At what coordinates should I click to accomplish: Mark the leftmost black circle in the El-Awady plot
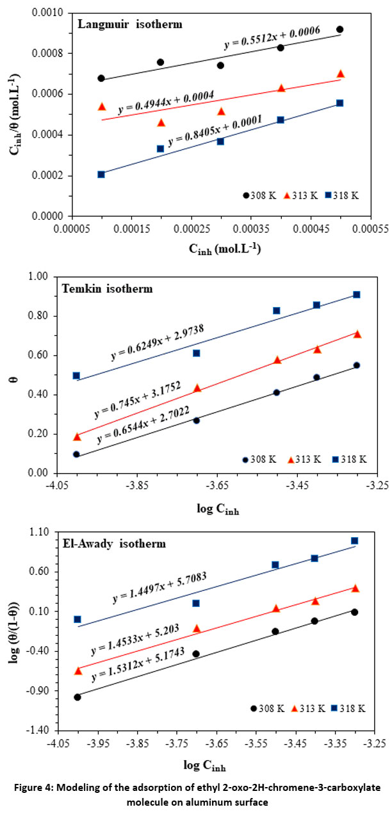coord(78,697)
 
